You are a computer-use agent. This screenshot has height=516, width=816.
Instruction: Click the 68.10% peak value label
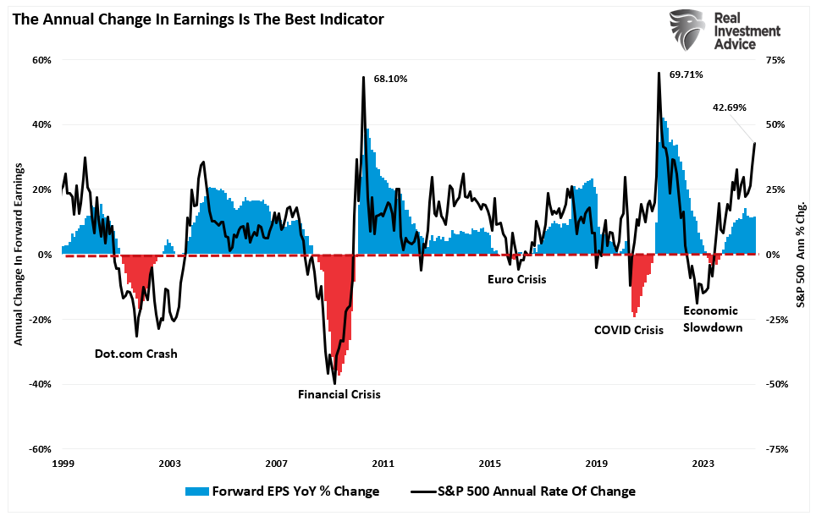tap(390, 79)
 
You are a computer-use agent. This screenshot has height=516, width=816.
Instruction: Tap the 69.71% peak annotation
tap(686, 75)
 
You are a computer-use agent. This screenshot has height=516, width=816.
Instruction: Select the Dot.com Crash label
tap(135, 354)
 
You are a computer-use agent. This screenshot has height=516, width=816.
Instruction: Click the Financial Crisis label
tap(339, 394)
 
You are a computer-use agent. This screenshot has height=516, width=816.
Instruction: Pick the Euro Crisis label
tap(517, 279)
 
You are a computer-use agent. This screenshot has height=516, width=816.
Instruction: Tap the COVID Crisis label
tap(629, 330)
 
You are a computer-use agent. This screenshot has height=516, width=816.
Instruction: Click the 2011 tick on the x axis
tap(383, 464)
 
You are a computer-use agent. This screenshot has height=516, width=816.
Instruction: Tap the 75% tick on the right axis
tap(777, 60)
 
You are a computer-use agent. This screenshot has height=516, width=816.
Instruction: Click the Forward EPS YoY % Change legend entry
tap(282, 491)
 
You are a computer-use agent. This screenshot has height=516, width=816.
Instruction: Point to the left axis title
tap(18, 254)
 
